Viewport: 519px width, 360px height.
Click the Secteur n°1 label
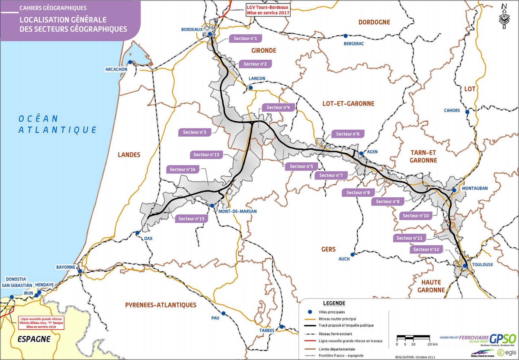(245, 39)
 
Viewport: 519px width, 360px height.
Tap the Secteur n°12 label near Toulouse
(426, 250)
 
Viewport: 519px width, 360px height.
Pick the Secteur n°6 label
(348, 134)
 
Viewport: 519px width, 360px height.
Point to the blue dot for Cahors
(467, 112)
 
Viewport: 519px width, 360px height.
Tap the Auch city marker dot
(353, 254)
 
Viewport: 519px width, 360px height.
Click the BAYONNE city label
(66, 267)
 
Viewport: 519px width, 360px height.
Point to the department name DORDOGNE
(374, 22)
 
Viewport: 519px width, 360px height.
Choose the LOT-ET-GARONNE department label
(348, 103)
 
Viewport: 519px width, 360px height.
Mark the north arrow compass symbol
(503, 16)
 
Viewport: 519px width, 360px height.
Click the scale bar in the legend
(413, 337)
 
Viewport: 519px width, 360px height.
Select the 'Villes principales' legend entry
(330, 312)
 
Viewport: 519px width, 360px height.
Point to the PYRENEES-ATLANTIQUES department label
(160, 305)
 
